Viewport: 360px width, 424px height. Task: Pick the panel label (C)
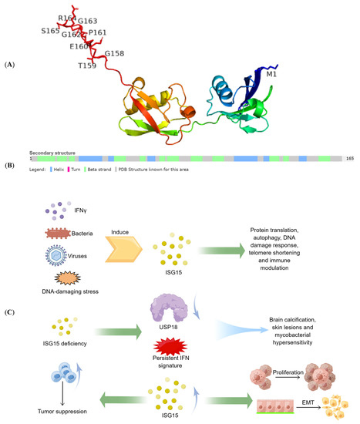(x=12, y=312)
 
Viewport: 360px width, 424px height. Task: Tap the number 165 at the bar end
(x=349, y=158)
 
